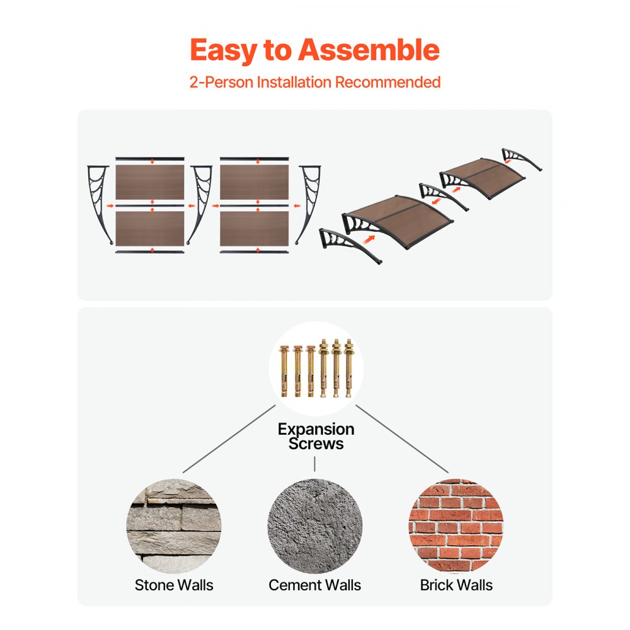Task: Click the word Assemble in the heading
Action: (369, 50)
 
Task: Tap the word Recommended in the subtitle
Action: (387, 82)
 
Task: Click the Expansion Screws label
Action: (316, 436)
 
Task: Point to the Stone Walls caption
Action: (174, 585)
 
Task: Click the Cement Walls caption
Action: (315, 585)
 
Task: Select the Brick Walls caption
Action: (456, 585)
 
